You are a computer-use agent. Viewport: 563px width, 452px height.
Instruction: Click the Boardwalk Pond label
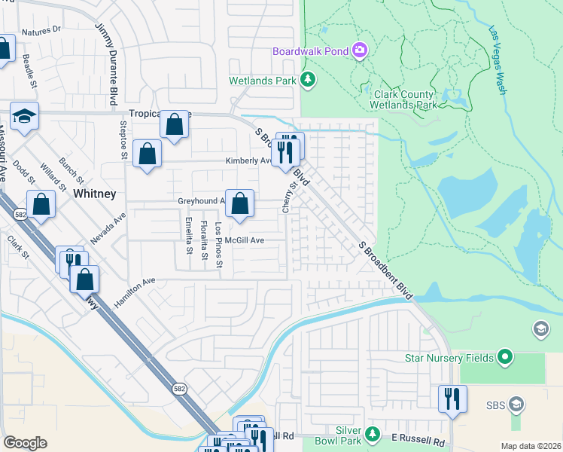[x=310, y=51]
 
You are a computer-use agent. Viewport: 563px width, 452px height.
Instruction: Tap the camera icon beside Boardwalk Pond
[x=360, y=50]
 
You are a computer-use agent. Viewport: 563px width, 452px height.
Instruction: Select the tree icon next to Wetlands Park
[x=307, y=79]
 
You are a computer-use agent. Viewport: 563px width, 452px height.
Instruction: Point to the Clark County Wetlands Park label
[x=404, y=99]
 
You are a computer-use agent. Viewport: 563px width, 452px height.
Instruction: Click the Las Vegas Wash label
[x=498, y=60]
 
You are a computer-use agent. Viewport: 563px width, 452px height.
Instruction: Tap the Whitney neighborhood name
[x=94, y=194]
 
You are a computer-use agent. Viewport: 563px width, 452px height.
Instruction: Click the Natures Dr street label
[x=41, y=32]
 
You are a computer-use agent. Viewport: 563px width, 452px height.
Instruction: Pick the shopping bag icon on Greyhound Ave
[x=239, y=203]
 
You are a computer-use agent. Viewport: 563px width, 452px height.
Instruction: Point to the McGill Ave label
[x=245, y=240]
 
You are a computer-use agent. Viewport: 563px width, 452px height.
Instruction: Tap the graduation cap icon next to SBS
[x=516, y=405]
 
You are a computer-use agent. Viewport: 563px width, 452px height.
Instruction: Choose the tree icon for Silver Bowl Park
[x=372, y=434]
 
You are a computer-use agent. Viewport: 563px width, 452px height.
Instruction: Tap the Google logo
[x=25, y=443]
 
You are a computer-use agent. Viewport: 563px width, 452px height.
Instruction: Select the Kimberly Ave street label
[x=248, y=160]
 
